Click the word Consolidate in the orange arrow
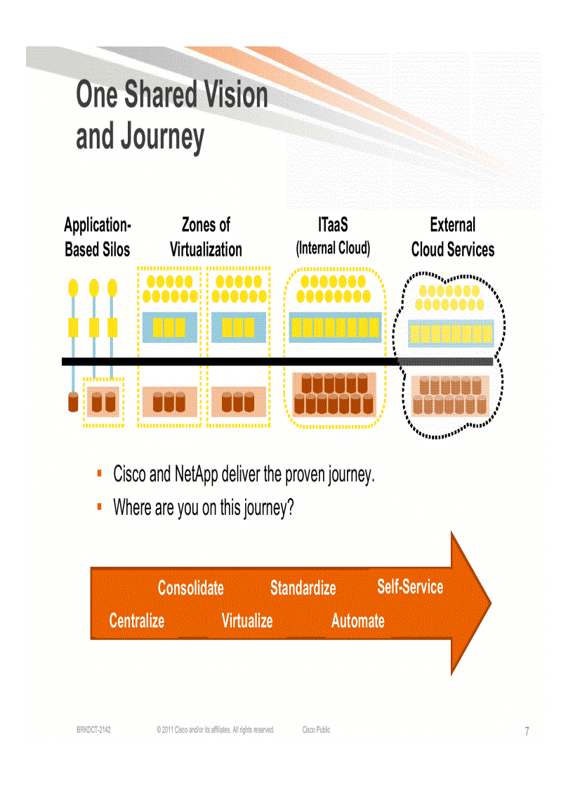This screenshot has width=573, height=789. click(x=190, y=588)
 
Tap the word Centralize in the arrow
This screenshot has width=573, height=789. click(x=137, y=621)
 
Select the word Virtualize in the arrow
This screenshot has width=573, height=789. click(x=247, y=621)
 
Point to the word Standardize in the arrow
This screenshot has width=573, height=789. click(x=303, y=588)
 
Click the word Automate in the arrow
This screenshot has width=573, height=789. click(x=358, y=621)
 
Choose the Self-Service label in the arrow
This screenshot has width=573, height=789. click(x=410, y=587)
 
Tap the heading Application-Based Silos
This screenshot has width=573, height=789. click(x=98, y=237)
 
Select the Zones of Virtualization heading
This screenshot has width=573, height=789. click(x=206, y=237)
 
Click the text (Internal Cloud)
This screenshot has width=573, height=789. click(x=333, y=248)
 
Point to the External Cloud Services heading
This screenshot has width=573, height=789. click(x=453, y=237)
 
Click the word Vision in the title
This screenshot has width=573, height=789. click(x=231, y=96)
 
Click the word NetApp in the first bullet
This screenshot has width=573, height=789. click(x=196, y=475)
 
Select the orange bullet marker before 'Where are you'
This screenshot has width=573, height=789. click(x=100, y=506)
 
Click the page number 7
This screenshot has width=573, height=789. click(x=527, y=732)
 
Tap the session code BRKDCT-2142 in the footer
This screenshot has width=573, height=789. click(x=94, y=731)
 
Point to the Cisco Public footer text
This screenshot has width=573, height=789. click(x=316, y=731)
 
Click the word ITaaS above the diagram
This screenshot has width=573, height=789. click(x=333, y=226)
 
